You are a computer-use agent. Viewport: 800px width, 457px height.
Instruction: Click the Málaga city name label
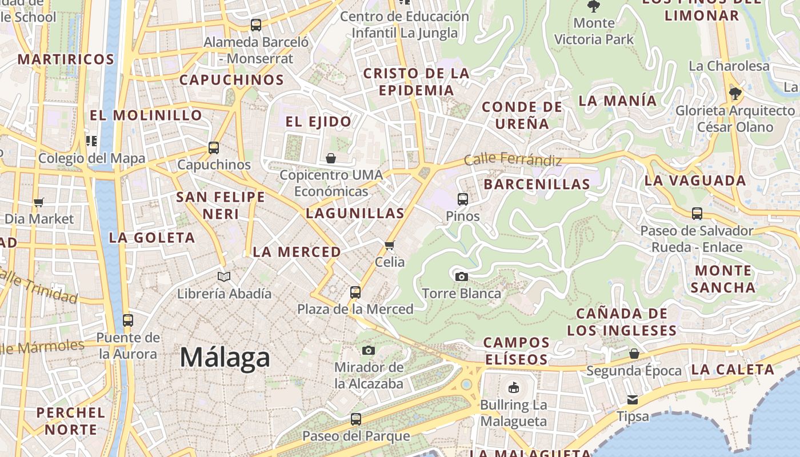tap(225, 358)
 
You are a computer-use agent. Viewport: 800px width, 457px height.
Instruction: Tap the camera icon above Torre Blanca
tap(462, 277)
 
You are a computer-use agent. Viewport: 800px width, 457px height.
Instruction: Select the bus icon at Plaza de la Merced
tap(355, 292)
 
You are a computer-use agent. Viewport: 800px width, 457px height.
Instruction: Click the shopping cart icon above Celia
tap(390, 245)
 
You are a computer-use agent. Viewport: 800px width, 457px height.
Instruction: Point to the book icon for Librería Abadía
tap(224, 277)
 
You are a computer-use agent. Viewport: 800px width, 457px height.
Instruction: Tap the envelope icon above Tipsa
tap(633, 399)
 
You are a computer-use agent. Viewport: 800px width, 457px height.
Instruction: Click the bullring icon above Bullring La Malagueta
tap(513, 388)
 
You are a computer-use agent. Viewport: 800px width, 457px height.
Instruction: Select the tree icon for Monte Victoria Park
tap(594, 6)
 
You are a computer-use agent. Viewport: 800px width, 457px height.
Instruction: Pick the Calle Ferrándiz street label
tap(513, 159)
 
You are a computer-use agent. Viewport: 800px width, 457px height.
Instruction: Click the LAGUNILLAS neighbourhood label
tap(355, 214)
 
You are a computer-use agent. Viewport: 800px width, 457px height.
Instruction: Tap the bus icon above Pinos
tap(463, 199)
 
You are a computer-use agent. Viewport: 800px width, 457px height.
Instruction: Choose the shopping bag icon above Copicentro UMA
tap(331, 158)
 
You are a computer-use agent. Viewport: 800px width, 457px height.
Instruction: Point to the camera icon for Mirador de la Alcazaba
tap(369, 350)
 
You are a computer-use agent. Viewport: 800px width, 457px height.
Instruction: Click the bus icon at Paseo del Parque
tap(355, 419)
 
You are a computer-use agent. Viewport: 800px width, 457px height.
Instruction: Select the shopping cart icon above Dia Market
tap(39, 202)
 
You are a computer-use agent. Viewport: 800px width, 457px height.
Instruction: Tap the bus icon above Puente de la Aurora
tap(128, 320)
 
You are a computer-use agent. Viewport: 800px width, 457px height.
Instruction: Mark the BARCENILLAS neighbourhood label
tap(537, 184)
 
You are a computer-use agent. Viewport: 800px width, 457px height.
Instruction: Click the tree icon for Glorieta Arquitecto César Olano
tap(735, 93)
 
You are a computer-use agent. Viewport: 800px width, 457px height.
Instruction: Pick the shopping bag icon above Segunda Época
tap(634, 354)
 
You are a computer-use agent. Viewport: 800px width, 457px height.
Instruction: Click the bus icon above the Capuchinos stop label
tap(214, 148)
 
